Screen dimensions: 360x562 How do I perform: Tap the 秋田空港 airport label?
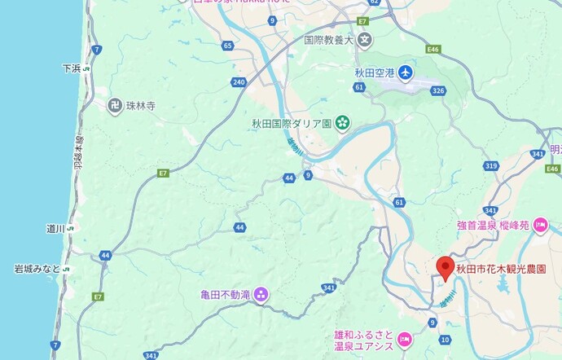(374, 73)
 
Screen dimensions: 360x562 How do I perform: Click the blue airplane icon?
(406, 73)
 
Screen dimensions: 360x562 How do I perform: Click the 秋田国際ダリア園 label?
(292, 124)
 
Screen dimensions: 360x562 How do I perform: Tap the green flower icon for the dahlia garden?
(342, 124)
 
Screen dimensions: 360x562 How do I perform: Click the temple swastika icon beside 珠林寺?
(114, 104)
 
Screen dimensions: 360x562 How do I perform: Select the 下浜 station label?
(72, 69)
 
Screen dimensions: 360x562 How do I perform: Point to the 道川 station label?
(55, 230)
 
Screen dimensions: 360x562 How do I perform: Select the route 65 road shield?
(228, 46)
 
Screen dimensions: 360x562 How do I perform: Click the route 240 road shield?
(239, 82)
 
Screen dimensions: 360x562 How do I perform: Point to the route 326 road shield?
(440, 90)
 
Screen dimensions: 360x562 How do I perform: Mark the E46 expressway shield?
(432, 50)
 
